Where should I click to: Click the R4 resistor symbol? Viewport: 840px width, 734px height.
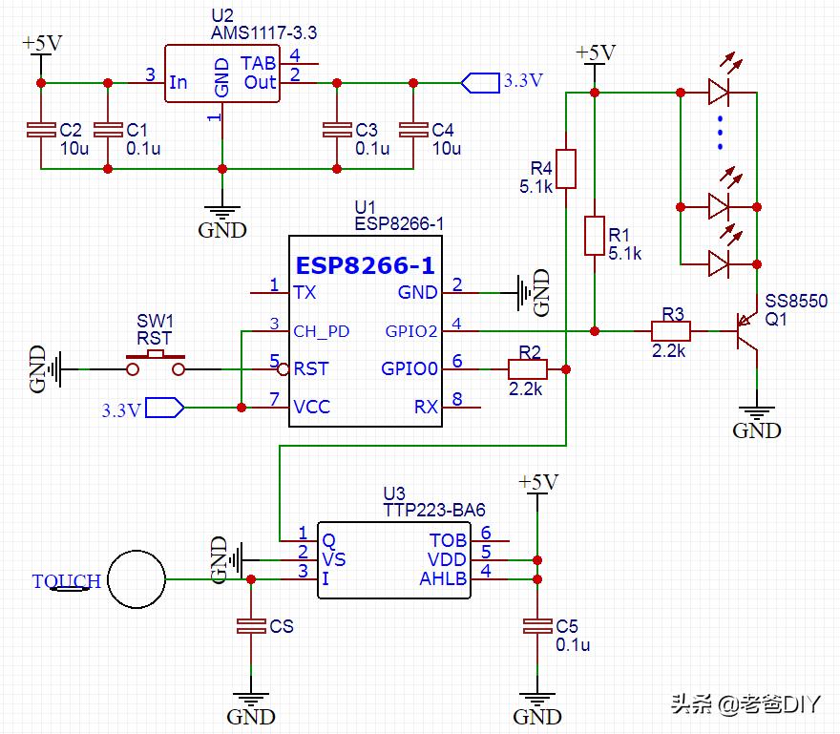click(566, 168)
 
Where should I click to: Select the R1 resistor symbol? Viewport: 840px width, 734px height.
click(594, 236)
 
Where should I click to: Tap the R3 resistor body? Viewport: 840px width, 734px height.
click(670, 331)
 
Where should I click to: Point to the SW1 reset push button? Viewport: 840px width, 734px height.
click(156, 360)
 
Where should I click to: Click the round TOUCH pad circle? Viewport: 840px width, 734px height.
click(136, 579)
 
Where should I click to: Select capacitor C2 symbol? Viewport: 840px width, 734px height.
click(41, 131)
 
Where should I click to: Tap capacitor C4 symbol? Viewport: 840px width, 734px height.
click(412, 131)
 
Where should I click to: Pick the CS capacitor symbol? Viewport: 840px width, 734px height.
click(251, 626)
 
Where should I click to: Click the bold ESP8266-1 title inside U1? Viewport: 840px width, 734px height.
click(365, 264)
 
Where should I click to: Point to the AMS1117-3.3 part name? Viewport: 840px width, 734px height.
click(264, 32)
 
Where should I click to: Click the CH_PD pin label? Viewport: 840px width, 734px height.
click(322, 331)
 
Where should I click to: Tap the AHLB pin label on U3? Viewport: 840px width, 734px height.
click(443, 578)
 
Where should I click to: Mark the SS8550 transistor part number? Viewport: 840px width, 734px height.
click(795, 302)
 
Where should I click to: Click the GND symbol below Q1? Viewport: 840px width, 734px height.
click(756, 420)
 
